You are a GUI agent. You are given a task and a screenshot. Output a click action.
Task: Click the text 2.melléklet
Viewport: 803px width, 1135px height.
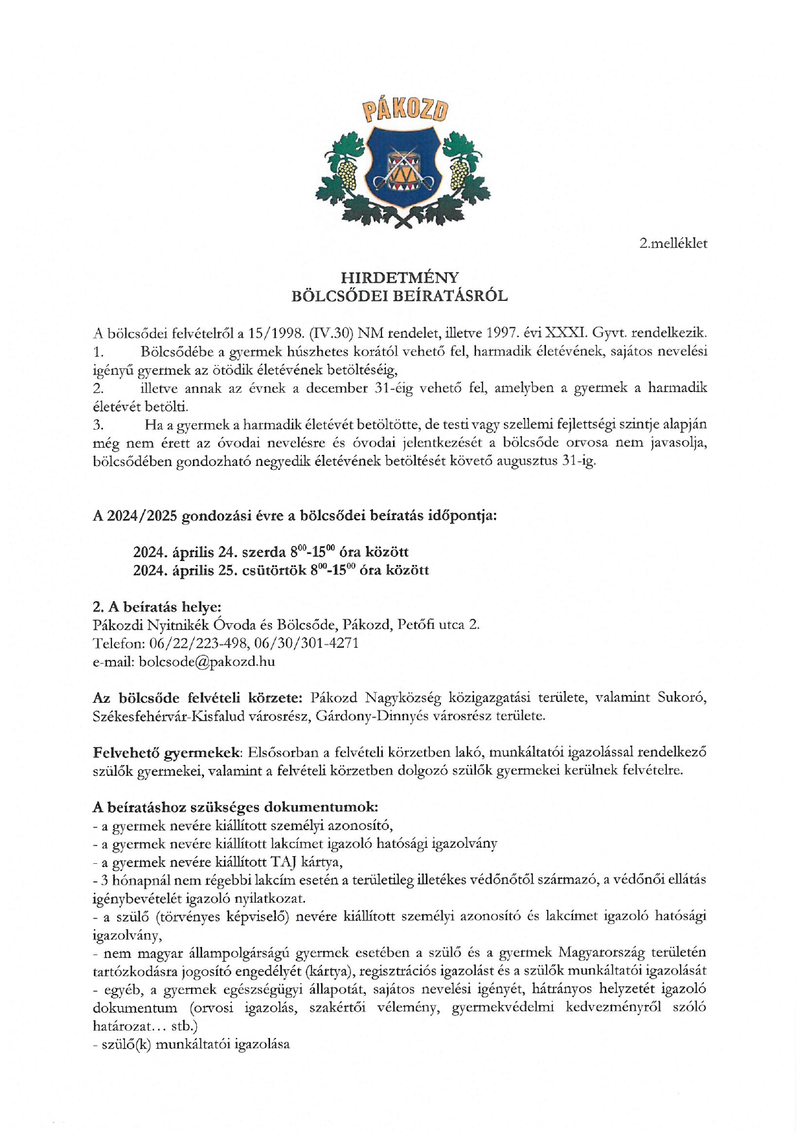pyautogui.click(x=673, y=244)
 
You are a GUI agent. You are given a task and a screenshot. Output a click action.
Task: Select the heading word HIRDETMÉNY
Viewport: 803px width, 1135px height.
pyautogui.click(x=400, y=278)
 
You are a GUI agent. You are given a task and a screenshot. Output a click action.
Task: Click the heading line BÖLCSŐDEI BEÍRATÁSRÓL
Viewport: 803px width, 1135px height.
pyautogui.click(x=400, y=296)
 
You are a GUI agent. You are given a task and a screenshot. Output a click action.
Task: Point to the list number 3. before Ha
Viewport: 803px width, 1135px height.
pyautogui.click(x=98, y=425)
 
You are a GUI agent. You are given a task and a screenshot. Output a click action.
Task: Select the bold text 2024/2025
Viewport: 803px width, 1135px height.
pyautogui.click(x=142, y=516)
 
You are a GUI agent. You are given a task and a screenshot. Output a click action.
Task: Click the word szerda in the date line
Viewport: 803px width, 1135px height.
pyautogui.click(x=264, y=553)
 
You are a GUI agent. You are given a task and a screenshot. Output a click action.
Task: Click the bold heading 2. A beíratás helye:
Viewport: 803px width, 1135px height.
pyautogui.click(x=157, y=607)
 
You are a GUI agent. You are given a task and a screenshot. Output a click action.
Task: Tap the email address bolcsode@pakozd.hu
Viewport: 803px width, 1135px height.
pyautogui.click(x=207, y=661)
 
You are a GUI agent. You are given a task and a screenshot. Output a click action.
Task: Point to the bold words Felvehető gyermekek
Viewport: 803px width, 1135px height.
pyautogui.click(x=166, y=753)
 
